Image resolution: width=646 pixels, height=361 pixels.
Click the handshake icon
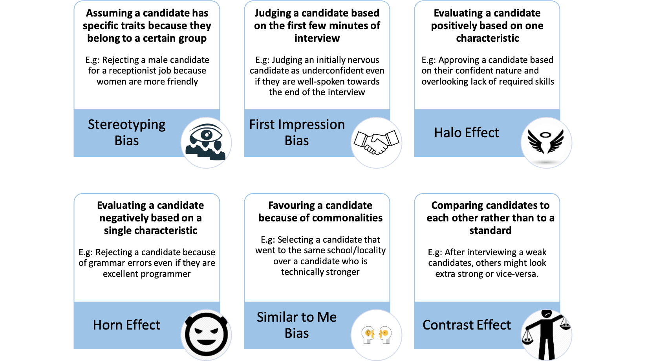[x=376, y=143]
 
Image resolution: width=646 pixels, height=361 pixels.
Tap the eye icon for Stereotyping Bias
[x=206, y=143]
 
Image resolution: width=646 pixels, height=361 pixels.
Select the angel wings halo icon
[x=546, y=143]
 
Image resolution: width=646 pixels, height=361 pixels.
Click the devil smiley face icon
[x=206, y=335]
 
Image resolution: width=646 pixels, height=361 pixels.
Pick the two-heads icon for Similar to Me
[x=376, y=335]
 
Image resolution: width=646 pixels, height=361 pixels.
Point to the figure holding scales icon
[x=546, y=335]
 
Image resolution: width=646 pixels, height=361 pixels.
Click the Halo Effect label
[x=467, y=133]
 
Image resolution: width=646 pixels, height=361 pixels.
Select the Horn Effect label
[x=126, y=325]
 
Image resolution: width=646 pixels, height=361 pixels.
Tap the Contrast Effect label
[x=467, y=325]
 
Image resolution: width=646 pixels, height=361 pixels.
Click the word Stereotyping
[x=126, y=125]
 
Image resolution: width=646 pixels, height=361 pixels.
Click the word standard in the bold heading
[x=490, y=231]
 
